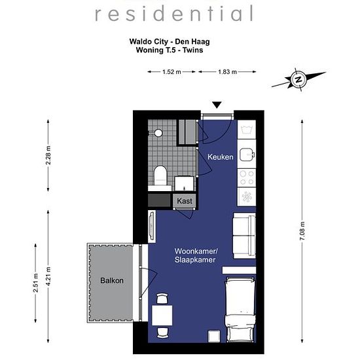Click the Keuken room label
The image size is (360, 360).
pos(220,157)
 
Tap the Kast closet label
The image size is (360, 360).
pos(185,201)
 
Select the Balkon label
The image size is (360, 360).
pos(112,280)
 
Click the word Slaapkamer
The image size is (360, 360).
pos(195,260)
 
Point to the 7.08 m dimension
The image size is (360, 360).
pos(302,231)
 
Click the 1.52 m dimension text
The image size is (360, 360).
pos(171,72)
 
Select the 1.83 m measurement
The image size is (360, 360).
pos(227,72)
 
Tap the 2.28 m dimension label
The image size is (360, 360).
pos(48,155)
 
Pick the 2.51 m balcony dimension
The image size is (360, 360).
pos(35,283)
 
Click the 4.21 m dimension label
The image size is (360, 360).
pos(48,276)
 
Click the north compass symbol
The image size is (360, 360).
pos(298,80)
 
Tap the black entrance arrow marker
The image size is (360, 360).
pos(217,105)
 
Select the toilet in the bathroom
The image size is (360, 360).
pos(160,175)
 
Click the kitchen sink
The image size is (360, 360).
pos(247,154)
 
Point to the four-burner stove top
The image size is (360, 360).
pos(247,178)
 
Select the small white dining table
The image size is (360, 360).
pos(162,315)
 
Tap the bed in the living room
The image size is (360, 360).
pos(240,310)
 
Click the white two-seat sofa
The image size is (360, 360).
pos(244,236)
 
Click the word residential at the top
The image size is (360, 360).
pos(174,14)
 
